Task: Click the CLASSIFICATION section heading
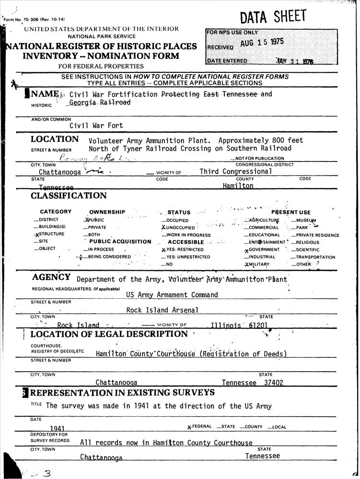69,196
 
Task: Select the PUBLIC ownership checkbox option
94,220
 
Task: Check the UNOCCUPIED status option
178,228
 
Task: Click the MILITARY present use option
257,264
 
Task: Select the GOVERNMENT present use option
262,250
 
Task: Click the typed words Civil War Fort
96,125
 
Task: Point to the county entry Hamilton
238,186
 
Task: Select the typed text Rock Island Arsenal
162,310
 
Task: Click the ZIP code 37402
274,383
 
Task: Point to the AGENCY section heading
51,277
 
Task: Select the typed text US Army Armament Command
172,295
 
